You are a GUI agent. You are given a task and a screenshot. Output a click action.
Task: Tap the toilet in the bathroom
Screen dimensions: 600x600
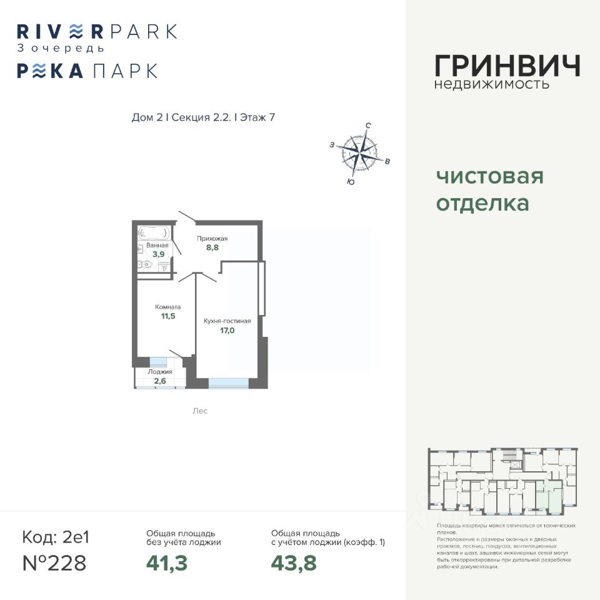point(146,264)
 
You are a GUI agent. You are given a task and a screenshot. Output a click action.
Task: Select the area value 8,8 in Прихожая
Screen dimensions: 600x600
point(212,247)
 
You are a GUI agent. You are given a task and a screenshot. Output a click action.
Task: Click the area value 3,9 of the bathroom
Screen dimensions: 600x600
point(158,254)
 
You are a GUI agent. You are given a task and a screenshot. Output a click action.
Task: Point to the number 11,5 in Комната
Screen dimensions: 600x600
point(167,317)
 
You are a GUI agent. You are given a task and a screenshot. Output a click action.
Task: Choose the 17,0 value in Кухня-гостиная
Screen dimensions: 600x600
point(227,331)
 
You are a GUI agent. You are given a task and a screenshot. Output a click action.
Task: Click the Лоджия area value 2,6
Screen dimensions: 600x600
point(160,381)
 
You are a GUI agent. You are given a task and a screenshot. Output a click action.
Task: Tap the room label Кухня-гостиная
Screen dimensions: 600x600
point(227,321)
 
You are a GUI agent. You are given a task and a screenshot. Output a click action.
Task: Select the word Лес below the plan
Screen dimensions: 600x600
point(200,411)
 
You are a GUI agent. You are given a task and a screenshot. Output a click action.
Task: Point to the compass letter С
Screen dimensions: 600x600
point(368,126)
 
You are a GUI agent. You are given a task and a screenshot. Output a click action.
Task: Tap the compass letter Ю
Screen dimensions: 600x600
point(350,182)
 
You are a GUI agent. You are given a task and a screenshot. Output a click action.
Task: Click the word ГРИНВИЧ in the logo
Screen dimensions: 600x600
point(507,66)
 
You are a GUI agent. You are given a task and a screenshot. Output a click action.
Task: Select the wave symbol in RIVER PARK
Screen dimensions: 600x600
point(75,31)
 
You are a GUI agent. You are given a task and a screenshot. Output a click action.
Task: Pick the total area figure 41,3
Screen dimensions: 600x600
point(167,563)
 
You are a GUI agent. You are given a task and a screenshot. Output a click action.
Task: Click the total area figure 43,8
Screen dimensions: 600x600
point(294,563)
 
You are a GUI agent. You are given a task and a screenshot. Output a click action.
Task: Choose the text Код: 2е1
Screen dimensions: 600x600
point(56,537)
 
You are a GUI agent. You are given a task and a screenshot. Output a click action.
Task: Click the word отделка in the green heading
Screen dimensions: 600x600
point(482,203)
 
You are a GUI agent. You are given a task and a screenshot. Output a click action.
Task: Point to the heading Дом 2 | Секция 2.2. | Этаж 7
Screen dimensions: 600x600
point(204,117)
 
